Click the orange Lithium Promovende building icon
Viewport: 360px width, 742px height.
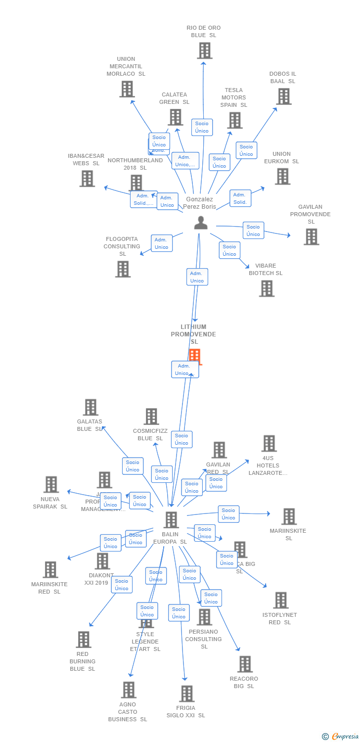pyautogui.click(x=195, y=356)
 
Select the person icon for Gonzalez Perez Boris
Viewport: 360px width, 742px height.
pyautogui.click(x=201, y=223)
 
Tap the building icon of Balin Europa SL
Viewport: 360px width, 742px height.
pyautogui.click(x=171, y=520)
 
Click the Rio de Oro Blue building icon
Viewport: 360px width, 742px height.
pyautogui.click(x=204, y=50)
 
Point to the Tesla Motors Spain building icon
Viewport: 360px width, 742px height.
pyautogui.click(x=234, y=120)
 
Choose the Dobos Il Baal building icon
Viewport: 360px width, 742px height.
pyautogui.click(x=283, y=96)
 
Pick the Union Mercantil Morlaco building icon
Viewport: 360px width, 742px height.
pyautogui.click(x=127, y=89)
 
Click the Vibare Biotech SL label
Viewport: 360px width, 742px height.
pyautogui.click(x=266, y=269)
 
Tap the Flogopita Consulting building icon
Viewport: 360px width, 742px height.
pyautogui.click(x=123, y=269)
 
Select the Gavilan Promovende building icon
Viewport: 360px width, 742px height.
pyautogui.click(x=311, y=237)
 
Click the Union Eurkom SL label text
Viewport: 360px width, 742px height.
pyautogui.click(x=281, y=157)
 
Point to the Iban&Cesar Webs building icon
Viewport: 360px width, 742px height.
pyautogui.click(x=87, y=179)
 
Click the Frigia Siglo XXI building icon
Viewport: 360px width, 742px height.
pyautogui.click(x=186, y=694)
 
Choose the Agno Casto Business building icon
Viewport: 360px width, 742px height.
pyautogui.click(x=128, y=690)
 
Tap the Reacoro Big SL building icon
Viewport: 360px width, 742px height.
pyautogui.click(x=244, y=664)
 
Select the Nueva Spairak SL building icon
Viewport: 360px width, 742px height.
pyautogui.click(x=51, y=485)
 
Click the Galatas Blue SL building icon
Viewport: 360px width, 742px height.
pyautogui.click(x=90, y=408)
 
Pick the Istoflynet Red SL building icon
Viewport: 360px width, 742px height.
pyautogui.click(x=280, y=600)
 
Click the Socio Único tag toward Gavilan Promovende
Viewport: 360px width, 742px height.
pyautogui.click(x=253, y=230)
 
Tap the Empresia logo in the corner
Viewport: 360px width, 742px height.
pyautogui.click(x=341, y=737)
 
